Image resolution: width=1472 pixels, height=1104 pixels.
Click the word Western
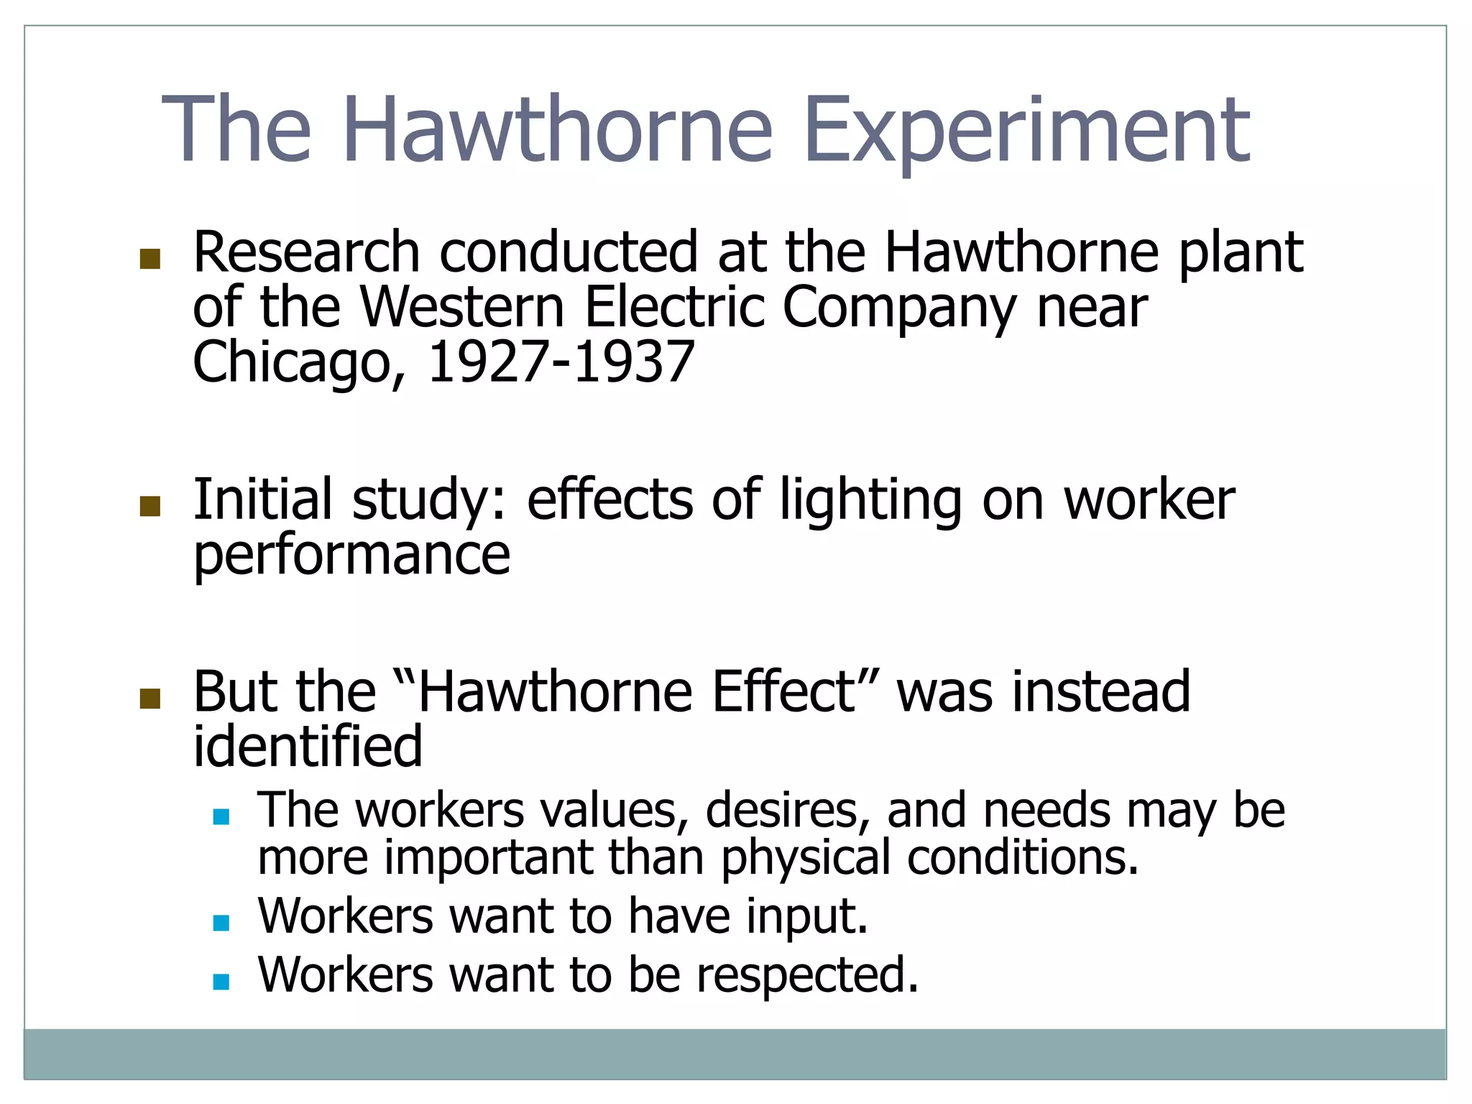point(462,308)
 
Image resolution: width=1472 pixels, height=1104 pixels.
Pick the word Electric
point(674,308)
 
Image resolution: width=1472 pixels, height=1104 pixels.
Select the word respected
point(808,975)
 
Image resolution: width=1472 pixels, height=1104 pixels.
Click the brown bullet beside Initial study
point(150,507)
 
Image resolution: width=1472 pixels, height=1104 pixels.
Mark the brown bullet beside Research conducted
point(150,259)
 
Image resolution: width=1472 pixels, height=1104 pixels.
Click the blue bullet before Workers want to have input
point(221,923)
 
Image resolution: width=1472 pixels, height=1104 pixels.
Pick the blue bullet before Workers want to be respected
point(221,981)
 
